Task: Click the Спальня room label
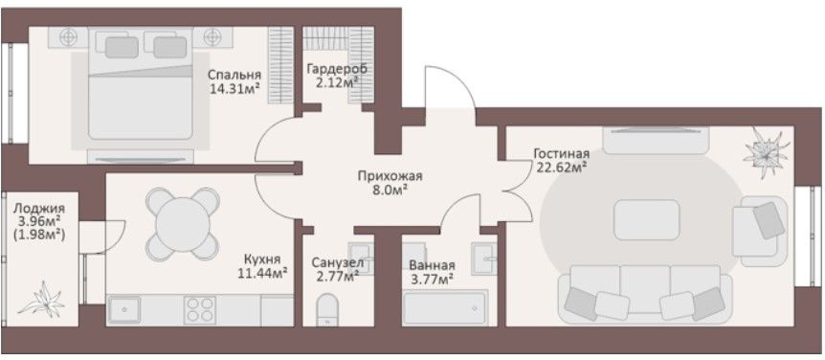234,75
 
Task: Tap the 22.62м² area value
562,168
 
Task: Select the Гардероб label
338,69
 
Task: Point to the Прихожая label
390,176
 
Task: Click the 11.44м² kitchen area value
262,273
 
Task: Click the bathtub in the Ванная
445,308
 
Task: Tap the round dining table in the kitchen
183,224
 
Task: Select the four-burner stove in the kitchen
200,310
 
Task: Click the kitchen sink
124,310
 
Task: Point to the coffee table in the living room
647,220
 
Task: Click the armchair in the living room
759,231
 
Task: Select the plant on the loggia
41,301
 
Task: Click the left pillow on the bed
122,47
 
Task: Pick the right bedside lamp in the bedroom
212,36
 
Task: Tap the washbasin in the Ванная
484,259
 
